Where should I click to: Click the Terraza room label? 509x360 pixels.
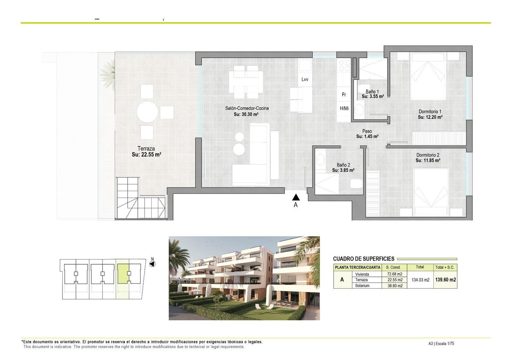tap(146, 149)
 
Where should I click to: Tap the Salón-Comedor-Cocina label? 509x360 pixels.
tap(247, 108)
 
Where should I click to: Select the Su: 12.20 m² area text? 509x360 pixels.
tap(430, 117)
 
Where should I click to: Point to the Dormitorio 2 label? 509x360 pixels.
tap(428, 155)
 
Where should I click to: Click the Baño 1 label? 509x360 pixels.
tap(372, 91)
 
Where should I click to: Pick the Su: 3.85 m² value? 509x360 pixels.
tap(343, 170)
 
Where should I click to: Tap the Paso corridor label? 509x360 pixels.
tap(367, 131)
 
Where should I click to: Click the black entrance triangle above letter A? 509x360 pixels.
tap(296, 197)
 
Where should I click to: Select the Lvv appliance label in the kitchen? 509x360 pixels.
tap(305, 79)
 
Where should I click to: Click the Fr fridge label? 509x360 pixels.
tap(344, 94)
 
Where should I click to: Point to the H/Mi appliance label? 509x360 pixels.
tap(344, 108)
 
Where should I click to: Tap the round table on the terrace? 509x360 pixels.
tap(147, 112)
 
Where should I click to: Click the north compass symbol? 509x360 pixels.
tap(152, 264)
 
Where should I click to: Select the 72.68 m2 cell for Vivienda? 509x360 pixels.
tap(395, 274)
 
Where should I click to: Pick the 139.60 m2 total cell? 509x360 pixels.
tap(445, 280)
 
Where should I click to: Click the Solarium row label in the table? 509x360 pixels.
tap(362, 286)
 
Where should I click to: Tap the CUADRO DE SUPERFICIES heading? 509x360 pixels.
tap(363, 259)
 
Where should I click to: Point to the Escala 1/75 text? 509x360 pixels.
tap(445, 343)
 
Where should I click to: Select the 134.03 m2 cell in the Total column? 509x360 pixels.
tap(420, 280)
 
